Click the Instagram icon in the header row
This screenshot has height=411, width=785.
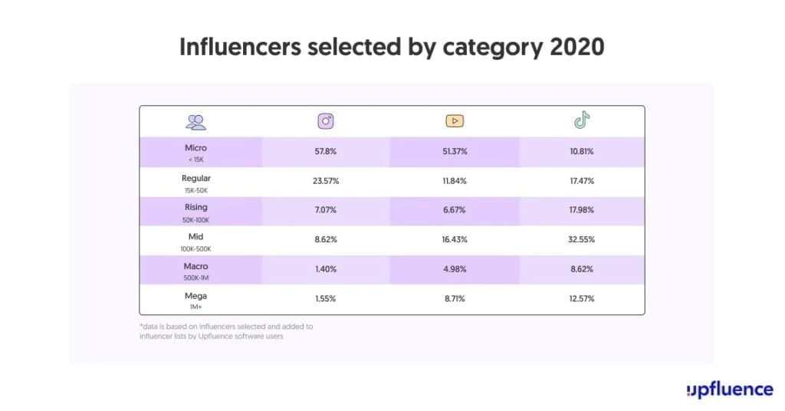click(326, 121)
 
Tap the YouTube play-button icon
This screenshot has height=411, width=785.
click(455, 121)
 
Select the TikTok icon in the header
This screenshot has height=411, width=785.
click(583, 120)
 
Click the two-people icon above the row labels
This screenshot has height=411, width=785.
click(196, 121)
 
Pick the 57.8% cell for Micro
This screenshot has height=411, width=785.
click(325, 152)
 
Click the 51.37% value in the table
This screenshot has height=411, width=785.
click(454, 152)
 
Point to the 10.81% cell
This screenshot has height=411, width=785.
click(582, 152)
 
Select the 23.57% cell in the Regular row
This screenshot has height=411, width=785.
click(325, 182)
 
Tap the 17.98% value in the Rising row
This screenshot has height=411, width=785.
click(582, 211)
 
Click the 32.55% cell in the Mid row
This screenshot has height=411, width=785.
click(582, 240)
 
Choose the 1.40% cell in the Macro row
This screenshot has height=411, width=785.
click(325, 269)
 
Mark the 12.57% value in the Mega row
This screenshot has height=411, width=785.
click(582, 298)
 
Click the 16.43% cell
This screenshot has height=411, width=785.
click(454, 240)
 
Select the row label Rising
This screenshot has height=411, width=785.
click(196, 207)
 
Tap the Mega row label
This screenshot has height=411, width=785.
click(196, 295)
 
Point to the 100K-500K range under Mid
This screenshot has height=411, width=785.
click(196, 248)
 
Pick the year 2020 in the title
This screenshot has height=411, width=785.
click(577, 47)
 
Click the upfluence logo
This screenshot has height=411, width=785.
click(730, 390)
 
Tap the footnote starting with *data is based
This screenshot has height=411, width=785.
click(226, 331)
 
